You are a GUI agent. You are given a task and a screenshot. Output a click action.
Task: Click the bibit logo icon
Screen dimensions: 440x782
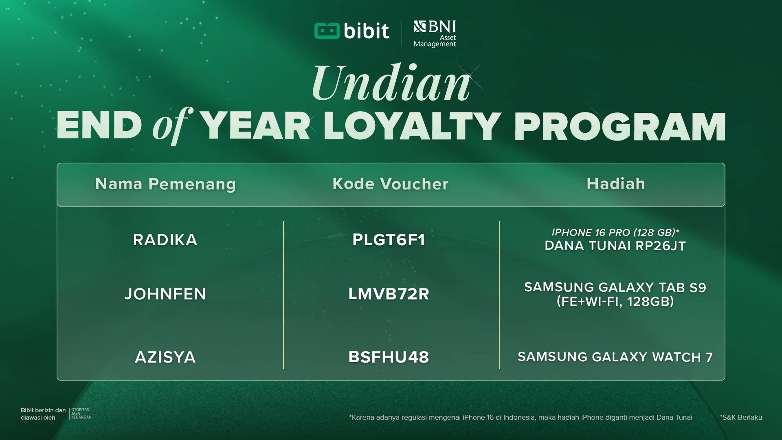pyautogui.click(x=327, y=31)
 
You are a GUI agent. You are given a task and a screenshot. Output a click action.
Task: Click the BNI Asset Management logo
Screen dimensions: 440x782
pyautogui.click(x=435, y=34)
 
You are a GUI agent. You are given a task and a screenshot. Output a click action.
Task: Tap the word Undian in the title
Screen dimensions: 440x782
pyautogui.click(x=391, y=84)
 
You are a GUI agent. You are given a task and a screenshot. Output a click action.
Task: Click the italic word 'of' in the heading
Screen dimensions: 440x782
pyautogui.click(x=171, y=125)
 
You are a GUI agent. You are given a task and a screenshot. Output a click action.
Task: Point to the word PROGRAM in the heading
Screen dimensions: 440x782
pyautogui.click(x=619, y=126)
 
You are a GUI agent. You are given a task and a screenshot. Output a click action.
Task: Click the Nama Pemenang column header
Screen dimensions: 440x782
pyautogui.click(x=165, y=184)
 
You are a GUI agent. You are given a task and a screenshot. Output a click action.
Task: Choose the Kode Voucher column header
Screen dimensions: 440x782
pyautogui.click(x=390, y=184)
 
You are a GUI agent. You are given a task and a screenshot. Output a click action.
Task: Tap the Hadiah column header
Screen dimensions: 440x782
pyautogui.click(x=615, y=184)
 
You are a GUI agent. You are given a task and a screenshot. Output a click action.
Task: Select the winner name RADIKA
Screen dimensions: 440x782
pyautogui.click(x=165, y=240)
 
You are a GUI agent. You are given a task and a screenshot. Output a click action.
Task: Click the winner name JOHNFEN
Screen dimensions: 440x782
pyautogui.click(x=165, y=294)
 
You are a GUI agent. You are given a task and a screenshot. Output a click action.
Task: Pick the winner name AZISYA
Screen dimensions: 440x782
pyautogui.click(x=165, y=357)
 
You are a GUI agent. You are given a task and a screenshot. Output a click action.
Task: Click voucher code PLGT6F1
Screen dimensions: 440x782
pyautogui.click(x=389, y=240)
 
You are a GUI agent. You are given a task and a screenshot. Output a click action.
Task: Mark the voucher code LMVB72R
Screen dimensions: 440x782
pyautogui.click(x=389, y=294)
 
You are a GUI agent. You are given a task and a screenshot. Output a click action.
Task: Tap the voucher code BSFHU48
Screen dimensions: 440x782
pyautogui.click(x=389, y=357)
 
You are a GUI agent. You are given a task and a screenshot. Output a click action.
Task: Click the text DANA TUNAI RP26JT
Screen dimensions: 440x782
pyautogui.click(x=615, y=246)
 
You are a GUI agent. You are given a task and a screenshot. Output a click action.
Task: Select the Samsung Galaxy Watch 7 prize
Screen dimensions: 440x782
pyautogui.click(x=615, y=357)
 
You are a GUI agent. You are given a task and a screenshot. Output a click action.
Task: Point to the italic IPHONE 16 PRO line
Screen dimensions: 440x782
pyautogui.click(x=615, y=233)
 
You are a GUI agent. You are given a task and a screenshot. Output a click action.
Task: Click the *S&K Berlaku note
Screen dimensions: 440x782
pyautogui.click(x=741, y=417)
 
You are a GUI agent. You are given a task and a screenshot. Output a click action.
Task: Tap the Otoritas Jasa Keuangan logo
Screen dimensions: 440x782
pyautogui.click(x=81, y=414)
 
